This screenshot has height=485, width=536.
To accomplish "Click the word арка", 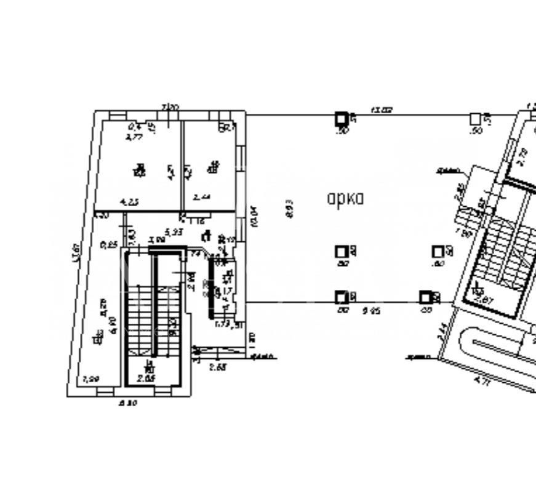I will point(345,198).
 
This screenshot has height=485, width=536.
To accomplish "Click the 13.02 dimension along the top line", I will point(381,110).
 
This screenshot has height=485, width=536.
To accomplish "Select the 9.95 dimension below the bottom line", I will point(371,311).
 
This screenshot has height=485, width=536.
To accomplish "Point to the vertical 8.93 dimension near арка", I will point(290,208).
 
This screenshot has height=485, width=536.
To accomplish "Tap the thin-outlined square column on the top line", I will point(475,118).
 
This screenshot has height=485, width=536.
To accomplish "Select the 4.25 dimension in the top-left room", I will point(129,201).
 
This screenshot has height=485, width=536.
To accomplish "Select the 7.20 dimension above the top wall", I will point(170,108).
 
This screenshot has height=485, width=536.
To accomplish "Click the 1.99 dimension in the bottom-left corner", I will point(90,379).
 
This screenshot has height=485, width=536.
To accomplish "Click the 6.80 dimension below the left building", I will point(127,403).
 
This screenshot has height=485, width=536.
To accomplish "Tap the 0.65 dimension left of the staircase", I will point(109,244).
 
